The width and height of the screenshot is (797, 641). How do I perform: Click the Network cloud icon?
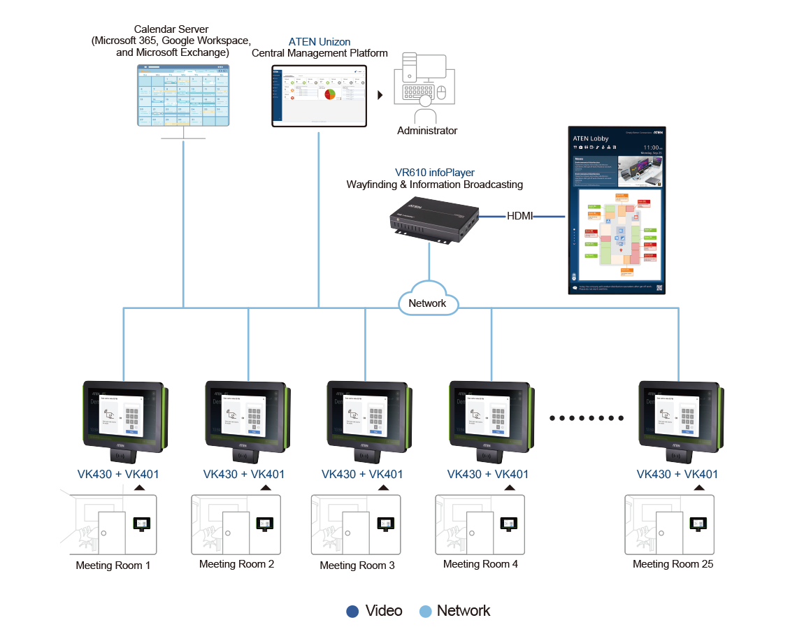coord(428,301)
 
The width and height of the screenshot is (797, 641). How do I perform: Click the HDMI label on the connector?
coord(519,217)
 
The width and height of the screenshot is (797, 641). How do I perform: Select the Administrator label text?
coord(427,131)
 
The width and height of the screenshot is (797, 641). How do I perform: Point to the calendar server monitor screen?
coord(182,95)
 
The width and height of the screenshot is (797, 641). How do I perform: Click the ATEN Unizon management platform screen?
coord(319,96)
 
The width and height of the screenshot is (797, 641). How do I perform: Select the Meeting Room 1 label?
coord(113,566)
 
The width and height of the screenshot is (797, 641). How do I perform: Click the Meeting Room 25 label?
coord(673,564)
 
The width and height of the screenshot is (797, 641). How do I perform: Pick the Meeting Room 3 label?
coord(357,566)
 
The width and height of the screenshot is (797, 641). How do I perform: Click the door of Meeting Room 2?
coord(236,533)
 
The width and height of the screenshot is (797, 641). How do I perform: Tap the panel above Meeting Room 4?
coord(489,417)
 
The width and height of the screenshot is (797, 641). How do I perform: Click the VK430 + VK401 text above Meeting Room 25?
coord(677,475)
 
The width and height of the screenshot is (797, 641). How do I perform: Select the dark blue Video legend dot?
coord(353,612)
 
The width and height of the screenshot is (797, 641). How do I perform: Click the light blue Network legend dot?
coord(425,612)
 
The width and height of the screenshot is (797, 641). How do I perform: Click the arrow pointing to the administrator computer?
coord(380,95)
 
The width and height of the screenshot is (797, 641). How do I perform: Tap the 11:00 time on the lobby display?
coord(650,148)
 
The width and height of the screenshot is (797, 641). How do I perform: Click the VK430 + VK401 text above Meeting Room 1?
coord(118,475)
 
